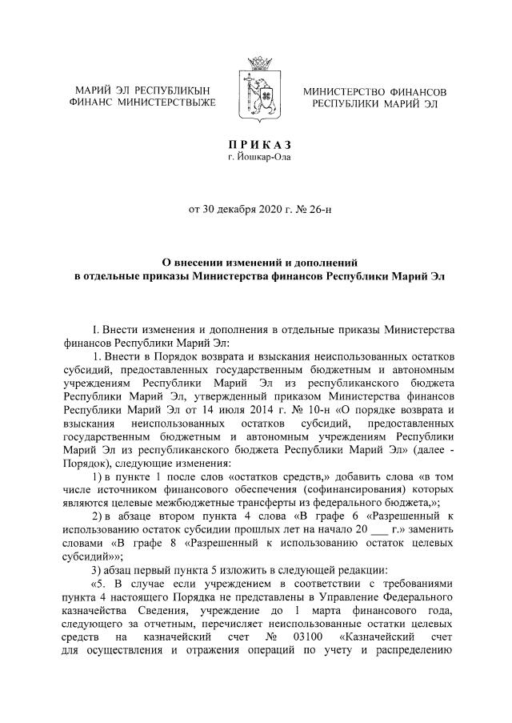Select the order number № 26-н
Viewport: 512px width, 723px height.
tap(306, 211)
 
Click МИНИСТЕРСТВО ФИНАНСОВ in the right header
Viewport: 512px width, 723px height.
tap(374, 92)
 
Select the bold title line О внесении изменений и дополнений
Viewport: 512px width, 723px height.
tap(256, 262)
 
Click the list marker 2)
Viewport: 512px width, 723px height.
tap(96, 518)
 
